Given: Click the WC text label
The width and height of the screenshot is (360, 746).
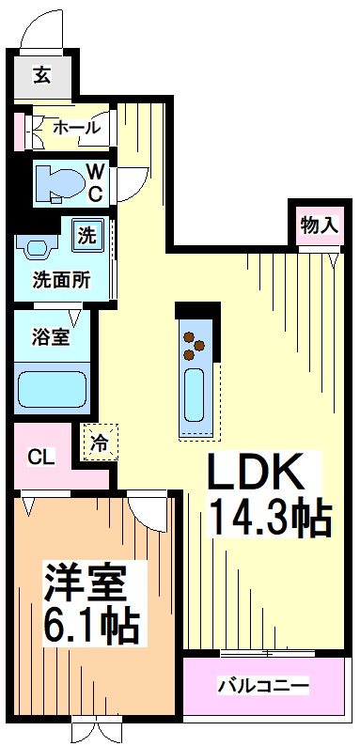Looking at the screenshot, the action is pyautogui.click(x=96, y=180).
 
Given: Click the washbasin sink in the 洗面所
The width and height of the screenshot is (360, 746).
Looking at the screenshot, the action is pyautogui.click(x=37, y=249).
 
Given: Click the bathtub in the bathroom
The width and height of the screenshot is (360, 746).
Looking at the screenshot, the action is pyautogui.click(x=53, y=386).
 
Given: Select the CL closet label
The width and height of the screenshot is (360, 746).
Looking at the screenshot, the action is pyautogui.click(x=40, y=458).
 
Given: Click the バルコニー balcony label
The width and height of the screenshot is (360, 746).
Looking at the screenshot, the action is pyautogui.click(x=264, y=685).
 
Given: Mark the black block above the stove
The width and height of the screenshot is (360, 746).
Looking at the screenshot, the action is pyautogui.click(x=197, y=311).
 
